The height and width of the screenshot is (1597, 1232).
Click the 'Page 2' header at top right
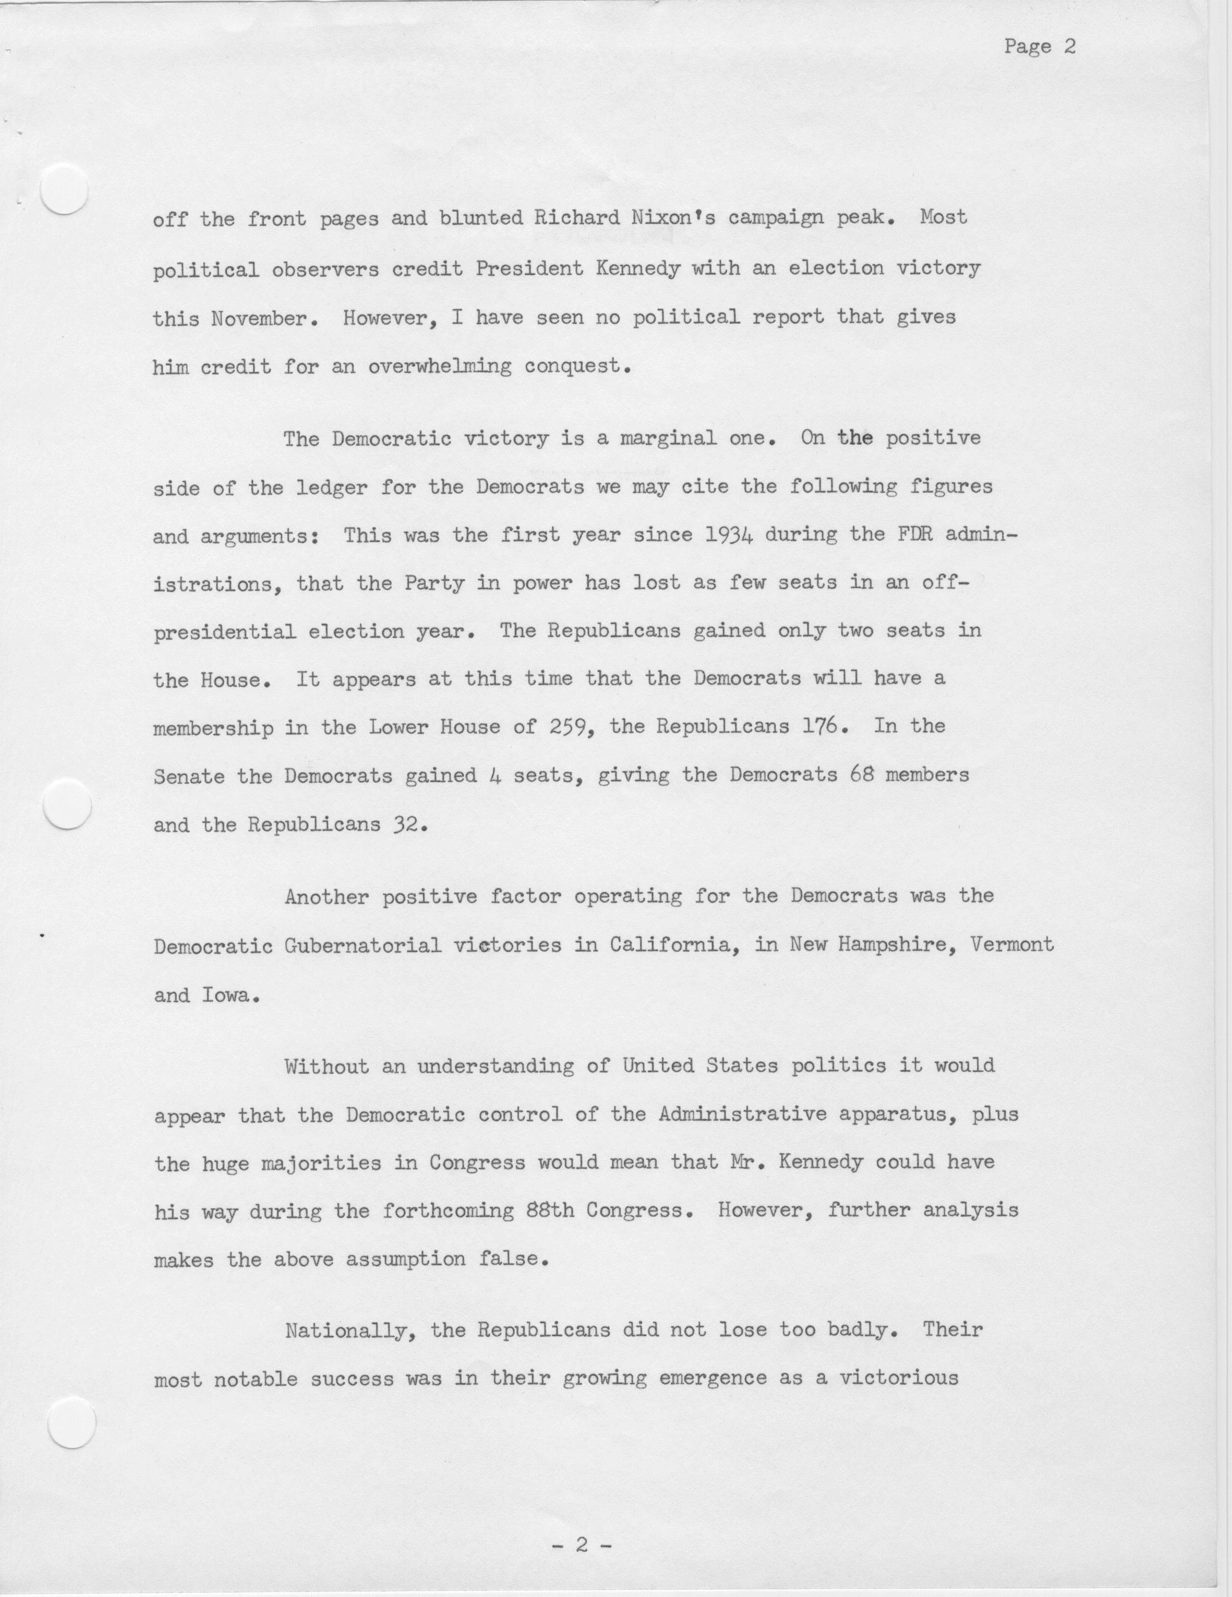click(1039, 47)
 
